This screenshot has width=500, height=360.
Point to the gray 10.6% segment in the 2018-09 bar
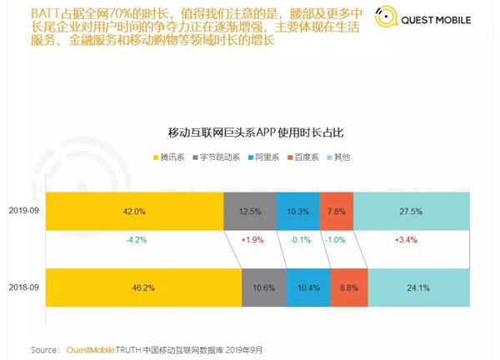click(263, 287)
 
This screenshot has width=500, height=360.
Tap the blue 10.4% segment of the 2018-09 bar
click(307, 287)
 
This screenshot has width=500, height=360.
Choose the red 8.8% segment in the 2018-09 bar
click(348, 287)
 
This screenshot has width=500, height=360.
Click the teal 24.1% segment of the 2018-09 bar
click(419, 287)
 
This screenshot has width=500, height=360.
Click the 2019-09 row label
click(22, 211)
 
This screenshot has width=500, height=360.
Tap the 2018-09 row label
click(22, 287)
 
